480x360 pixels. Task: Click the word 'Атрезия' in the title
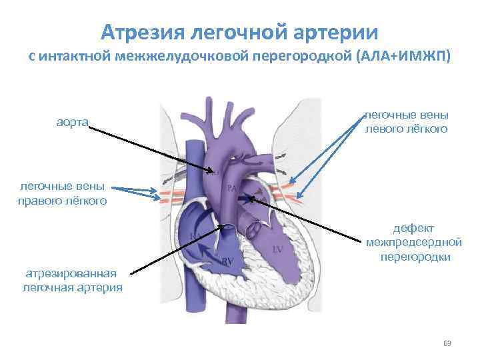pyautogui.click(x=141, y=31)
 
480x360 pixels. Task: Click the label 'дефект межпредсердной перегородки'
pyautogui.click(x=413, y=241)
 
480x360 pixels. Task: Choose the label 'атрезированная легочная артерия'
pyautogui.click(x=72, y=280)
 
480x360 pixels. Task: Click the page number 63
pyautogui.click(x=447, y=343)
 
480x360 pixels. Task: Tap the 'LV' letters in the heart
pyautogui.click(x=279, y=249)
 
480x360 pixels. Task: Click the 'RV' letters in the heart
pyautogui.click(x=227, y=260)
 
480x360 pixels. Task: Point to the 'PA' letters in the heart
pyautogui.click(x=233, y=189)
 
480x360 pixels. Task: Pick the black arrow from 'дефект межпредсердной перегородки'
pyautogui.click(x=307, y=217)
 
